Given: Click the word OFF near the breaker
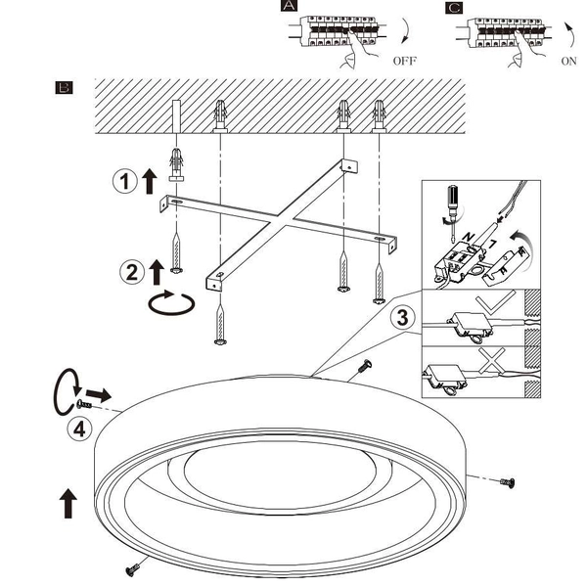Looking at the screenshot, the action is (404, 61).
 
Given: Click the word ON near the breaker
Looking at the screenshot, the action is (568, 61).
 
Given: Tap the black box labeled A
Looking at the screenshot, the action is (289, 6).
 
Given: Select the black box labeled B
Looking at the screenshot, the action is (64, 88).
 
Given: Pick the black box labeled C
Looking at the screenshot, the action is (454, 8).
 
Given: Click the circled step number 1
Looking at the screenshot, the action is (125, 182).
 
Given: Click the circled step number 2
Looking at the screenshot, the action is (132, 272).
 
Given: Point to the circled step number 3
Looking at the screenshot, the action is (402, 318).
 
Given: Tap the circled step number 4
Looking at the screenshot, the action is (79, 429).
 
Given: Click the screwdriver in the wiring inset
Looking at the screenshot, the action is (452, 213).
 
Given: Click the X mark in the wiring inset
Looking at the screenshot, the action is (492, 361).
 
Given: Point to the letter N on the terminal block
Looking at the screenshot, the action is (469, 237).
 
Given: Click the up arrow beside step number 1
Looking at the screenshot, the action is (150, 181).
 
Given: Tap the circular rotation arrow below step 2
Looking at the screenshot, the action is (171, 302).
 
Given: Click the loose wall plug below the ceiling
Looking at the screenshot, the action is (176, 164).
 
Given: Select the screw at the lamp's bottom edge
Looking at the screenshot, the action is (133, 569).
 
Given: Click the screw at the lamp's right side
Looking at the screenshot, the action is (507, 483).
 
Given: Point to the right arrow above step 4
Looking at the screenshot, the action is (99, 395).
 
